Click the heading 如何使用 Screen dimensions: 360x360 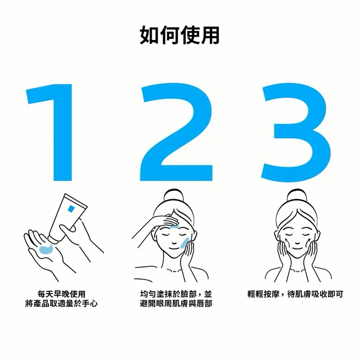tap(179, 35)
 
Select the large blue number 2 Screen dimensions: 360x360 tap(176, 132)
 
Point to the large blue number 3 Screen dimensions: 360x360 tap(296, 132)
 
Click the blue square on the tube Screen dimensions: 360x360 tap(71, 209)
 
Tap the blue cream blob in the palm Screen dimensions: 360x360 tap(46, 249)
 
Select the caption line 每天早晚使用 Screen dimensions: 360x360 tap(61, 294)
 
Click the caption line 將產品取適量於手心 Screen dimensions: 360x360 tap(61, 304)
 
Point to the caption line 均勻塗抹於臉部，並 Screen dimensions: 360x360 tap(176, 294)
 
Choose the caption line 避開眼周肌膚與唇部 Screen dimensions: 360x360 tap(176, 304)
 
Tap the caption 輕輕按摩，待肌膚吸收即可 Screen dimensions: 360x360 tap(295, 294)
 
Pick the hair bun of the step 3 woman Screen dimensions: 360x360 tap(297, 196)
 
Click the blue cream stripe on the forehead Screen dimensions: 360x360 tap(174, 227)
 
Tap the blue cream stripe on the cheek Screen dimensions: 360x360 tap(184, 244)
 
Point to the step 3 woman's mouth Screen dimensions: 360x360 tap(297, 249)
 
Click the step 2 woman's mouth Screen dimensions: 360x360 tap(174, 249)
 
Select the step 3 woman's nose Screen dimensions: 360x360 tap(297, 242)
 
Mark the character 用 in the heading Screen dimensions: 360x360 tap(210, 35)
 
